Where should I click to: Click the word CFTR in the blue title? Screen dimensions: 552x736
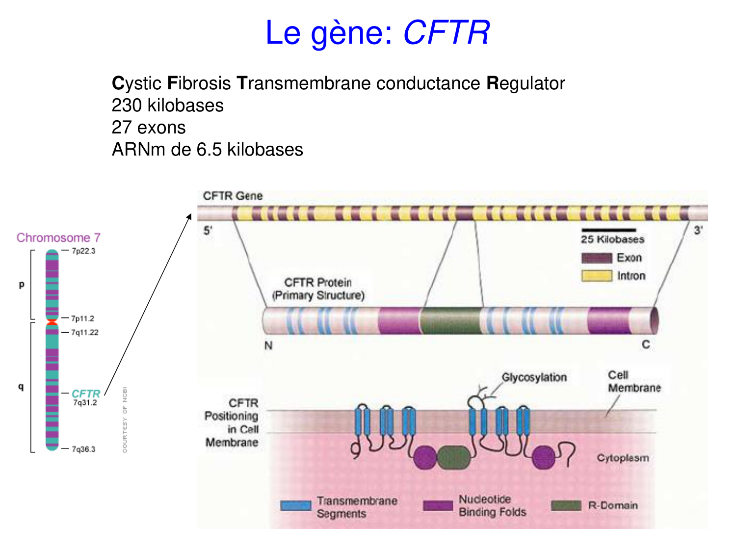pos(446,33)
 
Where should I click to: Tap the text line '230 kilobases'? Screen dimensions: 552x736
pos(167,105)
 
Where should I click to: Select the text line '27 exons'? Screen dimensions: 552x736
pos(148,128)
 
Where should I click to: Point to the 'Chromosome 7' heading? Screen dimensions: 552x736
pos(58,238)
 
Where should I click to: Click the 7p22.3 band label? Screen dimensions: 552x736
pos(83,251)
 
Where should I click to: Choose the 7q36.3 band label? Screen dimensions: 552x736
pos(83,449)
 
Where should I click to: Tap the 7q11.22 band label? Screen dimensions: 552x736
pos(84,333)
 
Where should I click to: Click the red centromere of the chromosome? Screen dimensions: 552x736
pos(52,322)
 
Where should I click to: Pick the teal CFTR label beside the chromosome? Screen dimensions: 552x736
pos(86,394)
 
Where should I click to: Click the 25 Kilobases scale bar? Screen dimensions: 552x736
pos(608,230)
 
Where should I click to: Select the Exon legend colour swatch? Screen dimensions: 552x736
pos(596,258)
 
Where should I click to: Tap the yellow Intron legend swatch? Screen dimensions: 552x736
pos(596,276)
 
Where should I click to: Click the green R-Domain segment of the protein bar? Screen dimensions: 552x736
pos(450,321)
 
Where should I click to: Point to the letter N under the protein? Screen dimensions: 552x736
pos(268,346)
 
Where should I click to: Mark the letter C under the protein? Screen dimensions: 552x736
pos(646,345)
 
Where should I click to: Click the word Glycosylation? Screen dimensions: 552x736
pos(534,377)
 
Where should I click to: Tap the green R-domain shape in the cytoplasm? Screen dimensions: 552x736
pos(453,458)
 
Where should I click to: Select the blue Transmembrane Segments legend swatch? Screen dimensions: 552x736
pos(295,506)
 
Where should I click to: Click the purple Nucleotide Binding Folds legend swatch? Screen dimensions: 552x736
pos(438,506)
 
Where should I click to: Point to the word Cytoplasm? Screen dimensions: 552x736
pos(623,458)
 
